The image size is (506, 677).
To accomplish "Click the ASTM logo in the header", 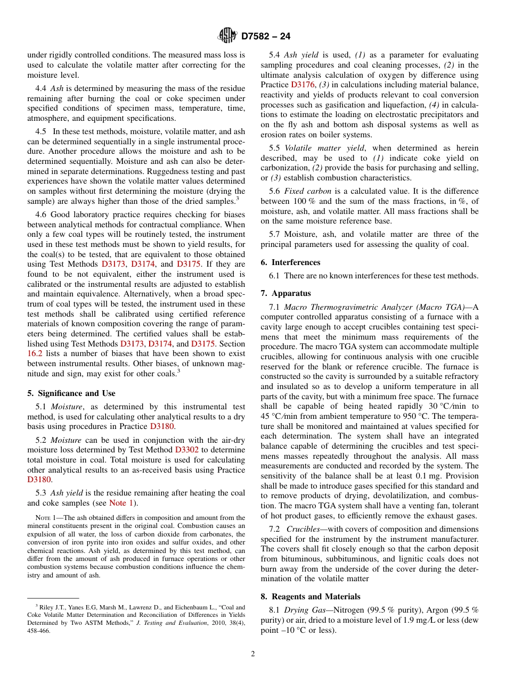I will pyautogui.click(x=227, y=36).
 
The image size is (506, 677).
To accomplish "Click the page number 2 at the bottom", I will pyautogui.click(x=253, y=654).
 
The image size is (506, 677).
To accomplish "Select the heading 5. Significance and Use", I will pyautogui.click(x=71, y=393).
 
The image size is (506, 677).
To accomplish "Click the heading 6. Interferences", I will pyautogui.click(x=290, y=262).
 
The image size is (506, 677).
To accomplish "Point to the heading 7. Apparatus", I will pyautogui.click(x=285, y=293).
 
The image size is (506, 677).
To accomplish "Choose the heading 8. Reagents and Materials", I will pyautogui.click(x=311, y=597).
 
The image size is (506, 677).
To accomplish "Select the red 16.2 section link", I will pyautogui.click(x=35, y=354).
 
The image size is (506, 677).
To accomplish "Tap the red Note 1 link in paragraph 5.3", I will pyautogui.click(x=121, y=503).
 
